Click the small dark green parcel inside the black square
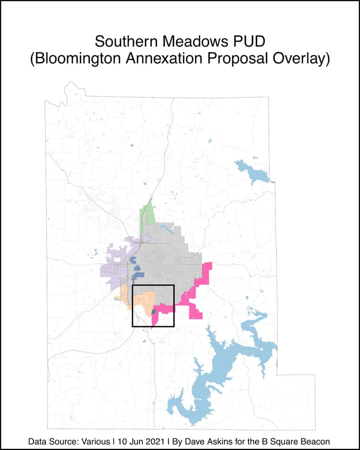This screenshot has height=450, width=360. point(153,312)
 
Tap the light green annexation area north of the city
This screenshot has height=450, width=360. point(146,215)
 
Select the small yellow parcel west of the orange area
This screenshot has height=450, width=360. point(117,297)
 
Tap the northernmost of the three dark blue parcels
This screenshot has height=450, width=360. point(132,260)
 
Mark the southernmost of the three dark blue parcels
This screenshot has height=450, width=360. point(138,275)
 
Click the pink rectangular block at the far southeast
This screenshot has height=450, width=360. point(196,313)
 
